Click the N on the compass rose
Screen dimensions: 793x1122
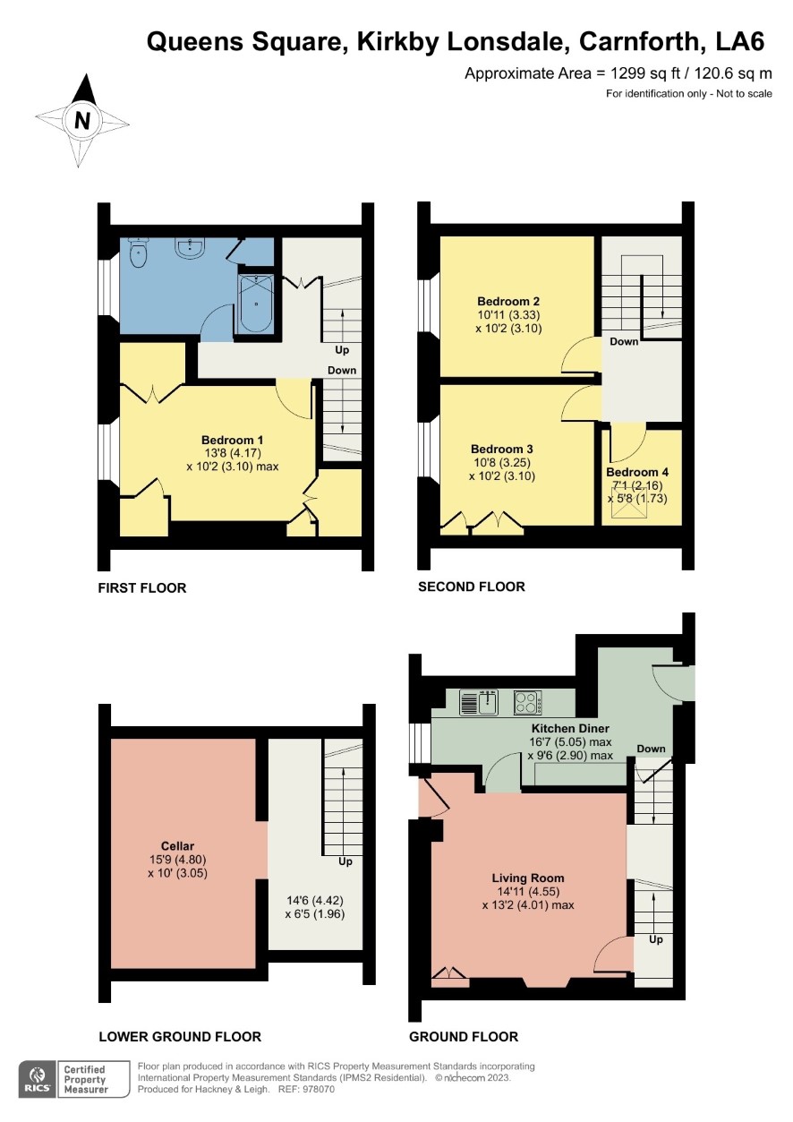pos(82,121)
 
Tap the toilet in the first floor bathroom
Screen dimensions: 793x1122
pos(137,253)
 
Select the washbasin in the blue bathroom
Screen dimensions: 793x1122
pos(189,247)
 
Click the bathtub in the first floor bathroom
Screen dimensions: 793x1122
pos(256,304)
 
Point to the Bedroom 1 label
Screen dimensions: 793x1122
pos(232,440)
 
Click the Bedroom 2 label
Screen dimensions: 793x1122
pos(508,301)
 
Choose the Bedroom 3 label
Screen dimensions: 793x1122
pos(501,449)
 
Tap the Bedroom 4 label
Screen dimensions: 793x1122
pos(636,472)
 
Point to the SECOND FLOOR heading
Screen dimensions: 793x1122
pos(471,587)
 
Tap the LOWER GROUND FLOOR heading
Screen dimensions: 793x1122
pos(180,1036)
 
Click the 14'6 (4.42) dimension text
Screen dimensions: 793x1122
pos(315,900)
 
